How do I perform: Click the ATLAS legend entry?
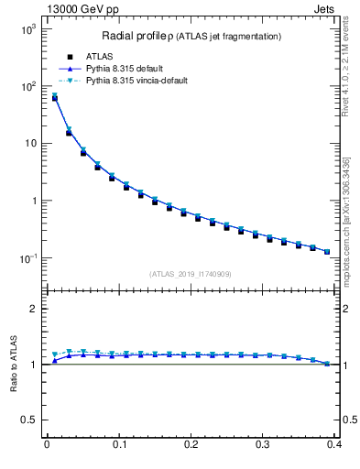click(x=98, y=56)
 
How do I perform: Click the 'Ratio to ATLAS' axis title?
click(x=13, y=365)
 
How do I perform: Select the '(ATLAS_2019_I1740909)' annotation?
click(x=191, y=273)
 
